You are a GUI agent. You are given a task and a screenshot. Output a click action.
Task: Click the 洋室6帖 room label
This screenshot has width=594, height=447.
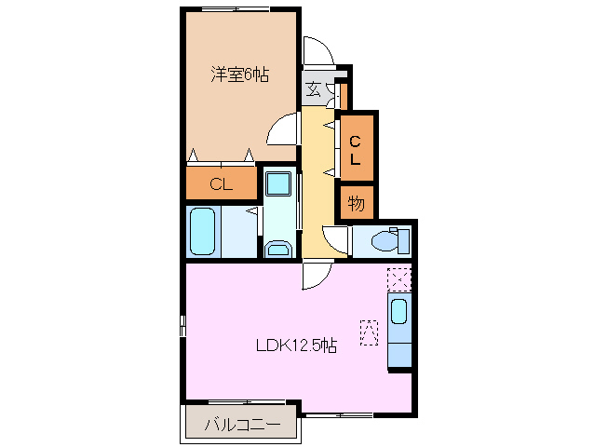[239, 74]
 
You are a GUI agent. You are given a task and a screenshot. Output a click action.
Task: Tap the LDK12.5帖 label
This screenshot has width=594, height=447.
[296, 345]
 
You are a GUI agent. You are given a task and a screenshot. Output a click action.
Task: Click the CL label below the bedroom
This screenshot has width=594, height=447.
[221, 183]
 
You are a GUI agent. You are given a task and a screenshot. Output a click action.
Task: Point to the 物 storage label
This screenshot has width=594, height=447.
[357, 202]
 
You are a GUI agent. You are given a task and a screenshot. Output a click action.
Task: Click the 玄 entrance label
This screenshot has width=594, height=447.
[314, 89]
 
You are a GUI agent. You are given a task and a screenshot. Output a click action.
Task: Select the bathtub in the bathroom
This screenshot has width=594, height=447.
[204, 232]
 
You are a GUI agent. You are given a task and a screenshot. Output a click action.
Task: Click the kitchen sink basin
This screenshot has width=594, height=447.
[398, 313]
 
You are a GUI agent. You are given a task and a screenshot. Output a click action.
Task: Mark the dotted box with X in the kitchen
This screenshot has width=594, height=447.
[398, 278]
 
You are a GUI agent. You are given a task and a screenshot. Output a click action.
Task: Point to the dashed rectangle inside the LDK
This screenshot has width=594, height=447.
[369, 331]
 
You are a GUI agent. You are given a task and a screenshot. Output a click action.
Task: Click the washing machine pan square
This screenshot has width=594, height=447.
[277, 184]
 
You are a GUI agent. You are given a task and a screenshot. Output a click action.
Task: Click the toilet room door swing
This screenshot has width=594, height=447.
[335, 237]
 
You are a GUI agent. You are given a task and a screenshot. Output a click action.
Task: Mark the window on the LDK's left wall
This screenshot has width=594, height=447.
[182, 327]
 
